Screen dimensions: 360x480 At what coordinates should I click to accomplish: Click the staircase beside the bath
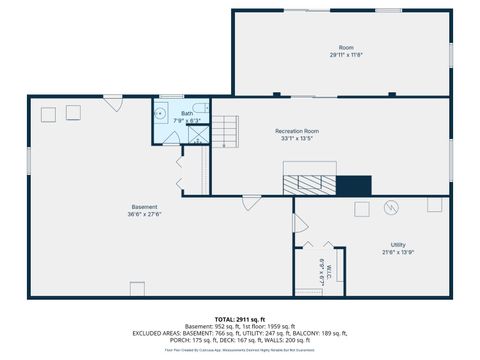(x=228, y=131)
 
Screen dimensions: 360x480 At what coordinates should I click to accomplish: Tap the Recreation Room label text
(x=297, y=131)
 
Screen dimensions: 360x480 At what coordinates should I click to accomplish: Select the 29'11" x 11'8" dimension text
(x=346, y=55)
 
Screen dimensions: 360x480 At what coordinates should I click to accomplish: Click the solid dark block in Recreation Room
(x=353, y=185)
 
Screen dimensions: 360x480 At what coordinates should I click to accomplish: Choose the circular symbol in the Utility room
(x=392, y=207)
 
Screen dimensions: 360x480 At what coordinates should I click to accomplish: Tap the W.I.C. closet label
(x=322, y=269)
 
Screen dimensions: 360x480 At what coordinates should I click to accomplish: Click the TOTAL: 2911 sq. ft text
(x=239, y=317)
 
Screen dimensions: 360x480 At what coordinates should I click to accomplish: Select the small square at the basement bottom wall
(x=139, y=290)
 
